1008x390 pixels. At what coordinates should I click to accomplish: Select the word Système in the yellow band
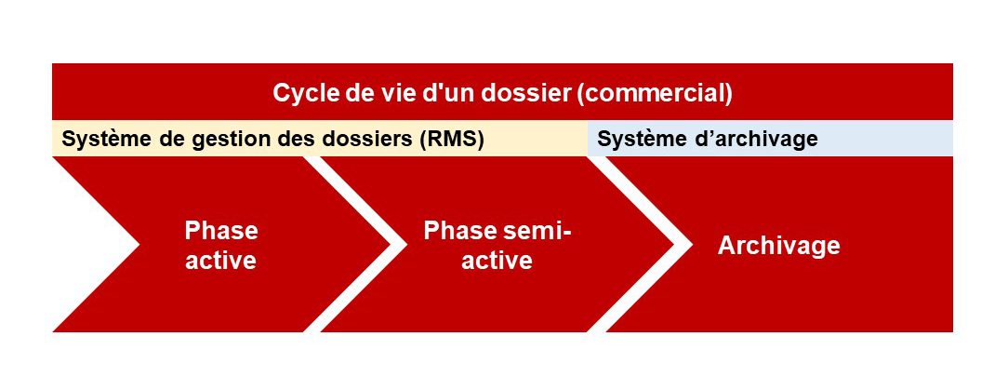pos(100,139)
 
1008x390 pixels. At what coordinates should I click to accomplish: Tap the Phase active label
pos(221,245)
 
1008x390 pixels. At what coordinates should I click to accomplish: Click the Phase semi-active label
pos(497,245)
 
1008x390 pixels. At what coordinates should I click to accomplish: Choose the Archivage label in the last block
pos(778,245)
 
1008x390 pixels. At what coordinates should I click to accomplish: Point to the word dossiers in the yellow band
pos(373,139)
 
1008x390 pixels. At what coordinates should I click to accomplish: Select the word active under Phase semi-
pos(497,260)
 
